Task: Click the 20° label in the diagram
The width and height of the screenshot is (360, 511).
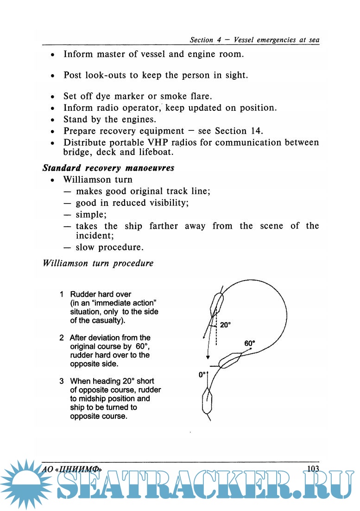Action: pos(225,325)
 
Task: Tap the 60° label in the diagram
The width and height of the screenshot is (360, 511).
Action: pos(250,344)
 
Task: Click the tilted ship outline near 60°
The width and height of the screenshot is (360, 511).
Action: pos(230,360)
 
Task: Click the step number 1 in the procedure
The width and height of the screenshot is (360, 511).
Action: pos(62,294)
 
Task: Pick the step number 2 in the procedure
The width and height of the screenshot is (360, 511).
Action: pos(62,338)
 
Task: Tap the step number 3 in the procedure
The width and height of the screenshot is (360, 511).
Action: pos(62,381)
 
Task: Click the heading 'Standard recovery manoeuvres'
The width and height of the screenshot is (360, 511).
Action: pos(108,168)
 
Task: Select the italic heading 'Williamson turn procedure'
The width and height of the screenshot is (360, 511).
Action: pos(98,263)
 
